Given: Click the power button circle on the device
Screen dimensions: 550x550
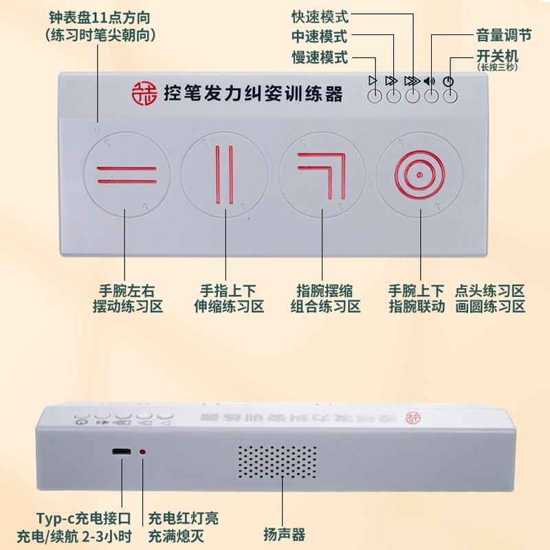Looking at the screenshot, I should [450, 96].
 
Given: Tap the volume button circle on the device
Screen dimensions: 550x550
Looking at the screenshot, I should [431, 96].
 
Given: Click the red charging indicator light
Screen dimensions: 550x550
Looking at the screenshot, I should [142, 452].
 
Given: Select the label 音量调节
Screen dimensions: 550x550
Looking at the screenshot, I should [503, 35].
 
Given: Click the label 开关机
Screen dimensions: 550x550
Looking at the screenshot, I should [496, 55].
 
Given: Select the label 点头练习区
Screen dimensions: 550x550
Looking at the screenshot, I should [489, 290].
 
